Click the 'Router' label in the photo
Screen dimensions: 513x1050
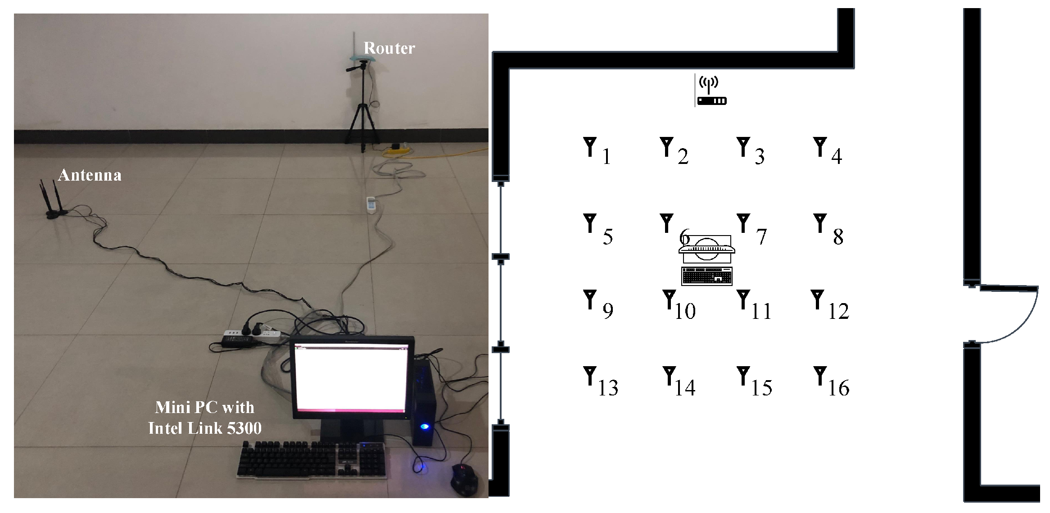(389, 48)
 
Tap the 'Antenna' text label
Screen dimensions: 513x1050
(90, 175)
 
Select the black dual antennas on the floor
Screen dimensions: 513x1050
(54, 201)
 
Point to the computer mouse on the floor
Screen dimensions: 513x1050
(464, 480)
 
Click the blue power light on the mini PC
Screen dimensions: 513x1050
(424, 426)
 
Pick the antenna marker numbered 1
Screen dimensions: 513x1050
(589, 147)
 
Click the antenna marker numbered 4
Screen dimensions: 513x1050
(820, 147)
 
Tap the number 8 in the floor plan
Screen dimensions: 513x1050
(837, 237)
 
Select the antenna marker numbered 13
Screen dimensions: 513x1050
(589, 376)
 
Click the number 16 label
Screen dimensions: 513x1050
(838, 388)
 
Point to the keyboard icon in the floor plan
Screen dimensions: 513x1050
(707, 276)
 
